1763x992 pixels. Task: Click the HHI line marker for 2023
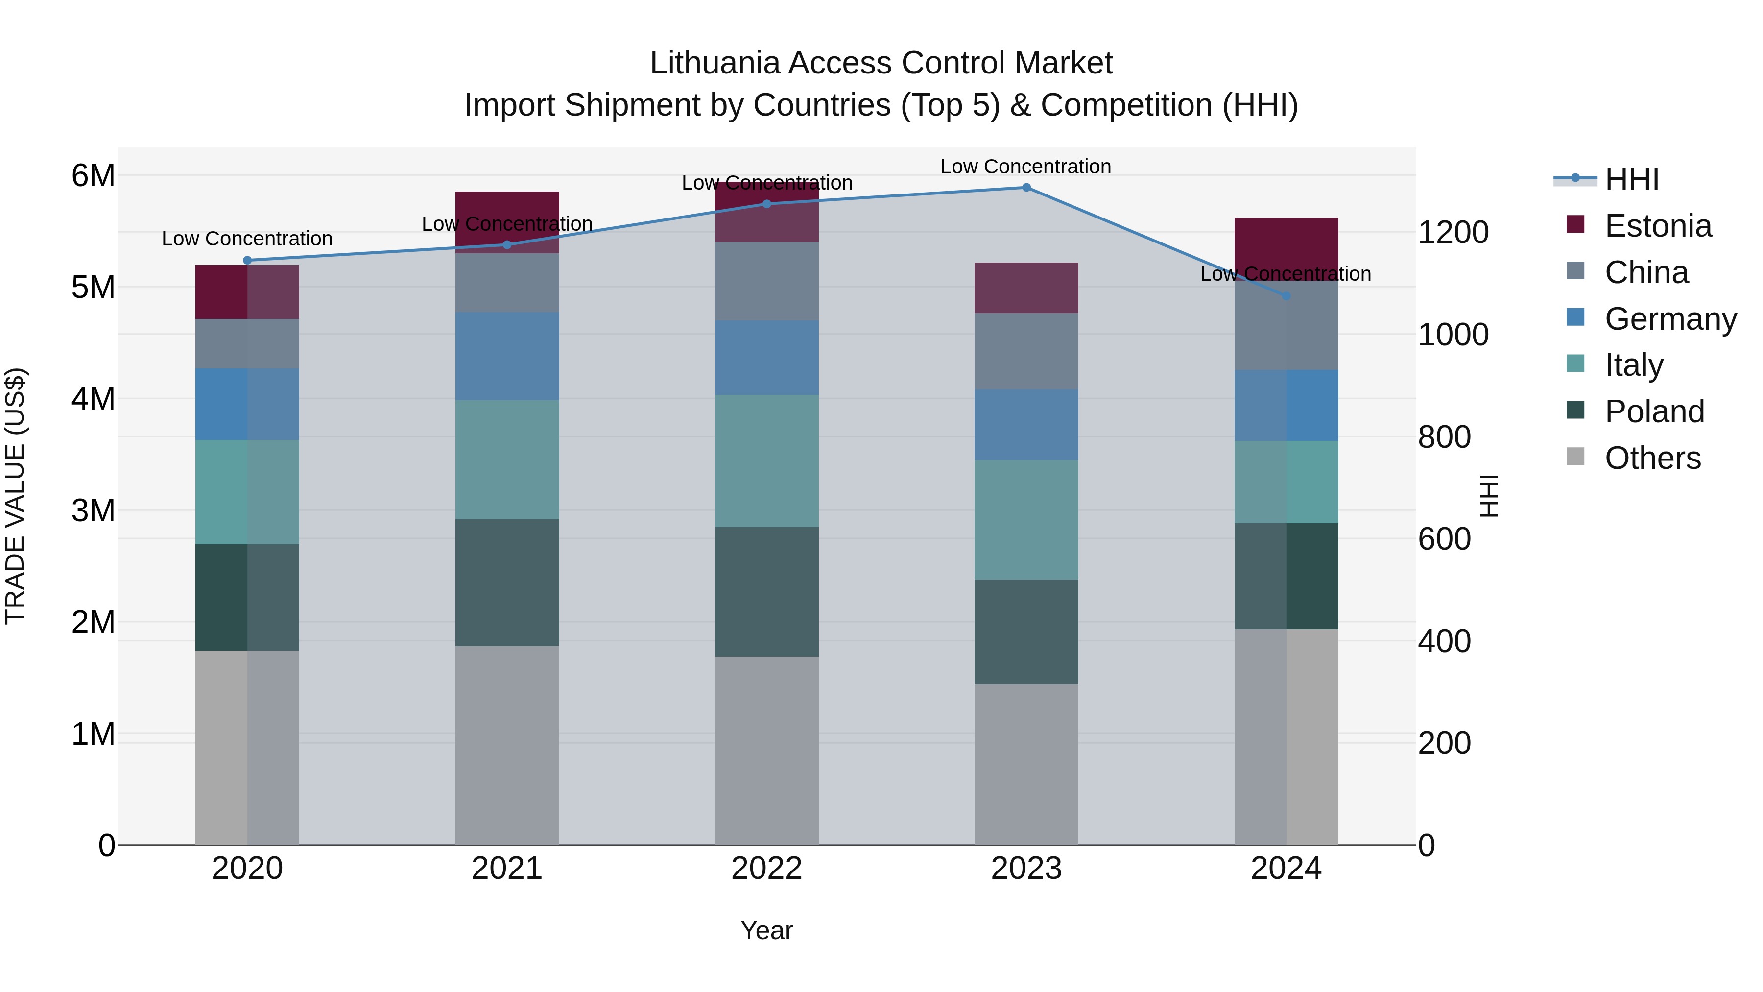pos(1026,188)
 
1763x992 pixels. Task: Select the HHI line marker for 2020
pos(248,260)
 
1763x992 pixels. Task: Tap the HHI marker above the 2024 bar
pos(1286,296)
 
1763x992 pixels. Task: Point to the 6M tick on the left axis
pos(93,176)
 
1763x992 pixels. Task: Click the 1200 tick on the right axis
pos(1453,233)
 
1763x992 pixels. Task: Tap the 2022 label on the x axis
pos(766,869)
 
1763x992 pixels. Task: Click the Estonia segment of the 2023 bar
pos(1026,288)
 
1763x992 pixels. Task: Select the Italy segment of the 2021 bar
pos(507,460)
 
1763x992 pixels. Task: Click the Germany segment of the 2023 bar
pos(1026,424)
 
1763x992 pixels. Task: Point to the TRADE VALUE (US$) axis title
pos(16,496)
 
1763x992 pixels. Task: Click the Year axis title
pos(766,930)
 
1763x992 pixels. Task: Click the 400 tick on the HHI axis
pos(1444,641)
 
